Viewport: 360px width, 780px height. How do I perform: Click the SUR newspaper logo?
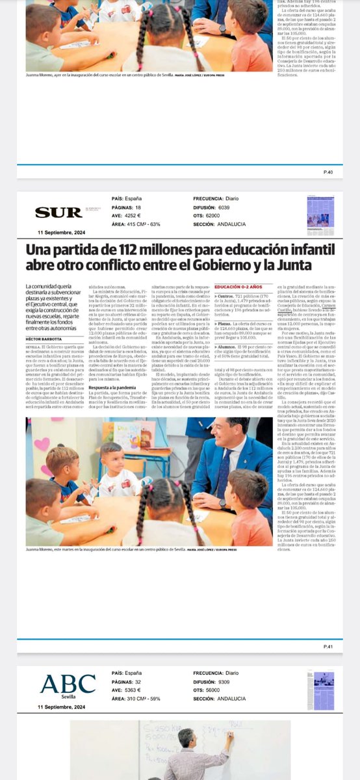coord(49,212)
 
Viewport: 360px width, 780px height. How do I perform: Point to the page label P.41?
coord(328,647)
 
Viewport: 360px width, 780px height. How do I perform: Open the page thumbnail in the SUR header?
coord(320,214)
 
